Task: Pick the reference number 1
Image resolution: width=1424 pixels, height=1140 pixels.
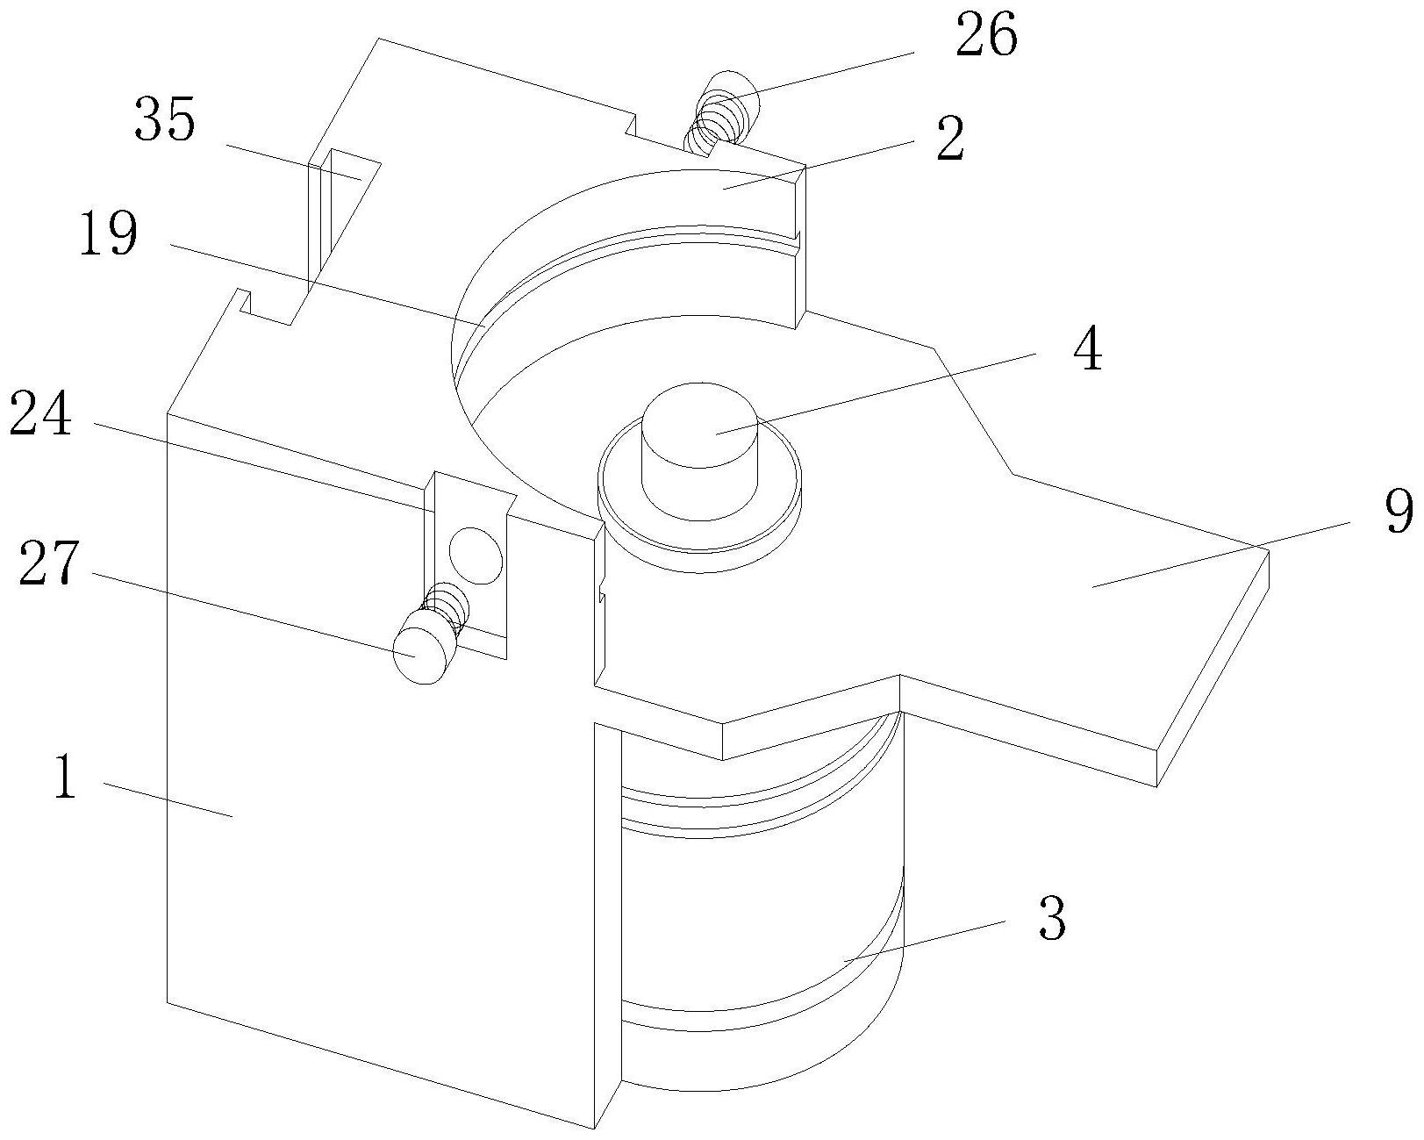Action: [x=65, y=777]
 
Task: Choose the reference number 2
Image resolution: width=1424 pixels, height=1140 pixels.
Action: [x=951, y=139]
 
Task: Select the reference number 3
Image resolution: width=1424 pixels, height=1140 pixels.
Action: [x=1053, y=920]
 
